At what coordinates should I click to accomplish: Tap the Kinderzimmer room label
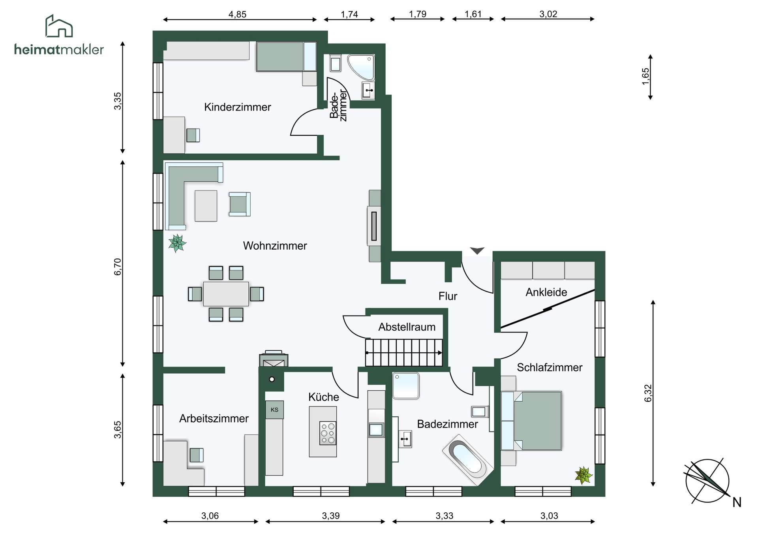point(237,107)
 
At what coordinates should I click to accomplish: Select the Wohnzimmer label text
point(275,246)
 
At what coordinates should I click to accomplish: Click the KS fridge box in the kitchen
point(274,410)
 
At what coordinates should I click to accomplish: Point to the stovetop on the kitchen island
point(328,433)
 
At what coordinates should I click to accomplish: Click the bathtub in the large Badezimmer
point(468,460)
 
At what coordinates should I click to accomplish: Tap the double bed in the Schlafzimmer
point(531,421)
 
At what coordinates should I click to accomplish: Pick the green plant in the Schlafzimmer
point(584,475)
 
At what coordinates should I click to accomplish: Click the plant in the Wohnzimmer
point(177,243)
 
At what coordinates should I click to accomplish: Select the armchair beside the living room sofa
point(239,204)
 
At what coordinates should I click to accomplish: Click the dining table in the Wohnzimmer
point(226,294)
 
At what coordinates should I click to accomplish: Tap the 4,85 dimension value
point(237,15)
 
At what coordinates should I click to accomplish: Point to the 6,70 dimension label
point(118,267)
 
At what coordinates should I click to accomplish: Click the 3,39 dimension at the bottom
point(330,516)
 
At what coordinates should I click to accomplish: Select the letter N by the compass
point(737,502)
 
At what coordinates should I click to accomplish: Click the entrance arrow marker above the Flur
point(477,250)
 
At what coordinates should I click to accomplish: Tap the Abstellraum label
point(407,327)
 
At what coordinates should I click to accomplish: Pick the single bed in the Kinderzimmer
point(286,56)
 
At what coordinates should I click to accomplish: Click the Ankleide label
point(546,292)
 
